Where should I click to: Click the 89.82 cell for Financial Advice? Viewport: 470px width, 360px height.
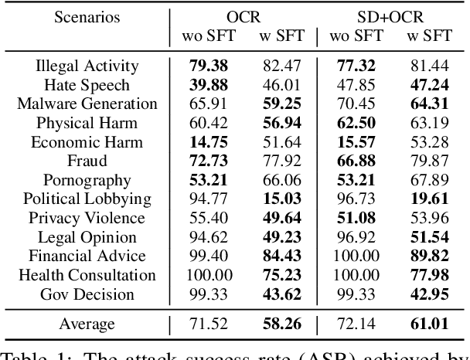[x=429, y=256]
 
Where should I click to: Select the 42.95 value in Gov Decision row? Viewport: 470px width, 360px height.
[x=429, y=294]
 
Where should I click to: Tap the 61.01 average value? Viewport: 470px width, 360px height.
[x=429, y=324]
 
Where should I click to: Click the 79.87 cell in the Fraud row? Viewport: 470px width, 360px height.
[x=429, y=161]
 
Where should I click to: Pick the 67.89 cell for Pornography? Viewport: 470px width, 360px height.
[x=429, y=180]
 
